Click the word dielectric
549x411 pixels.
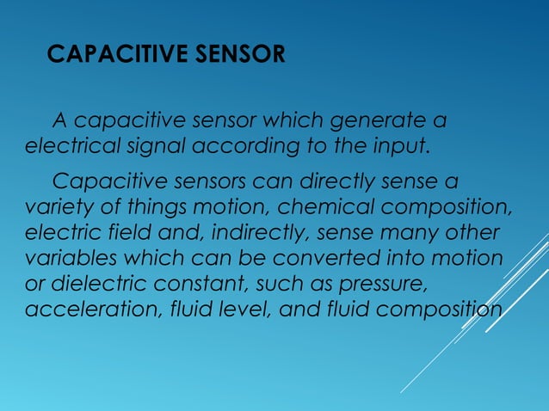(93, 285)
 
